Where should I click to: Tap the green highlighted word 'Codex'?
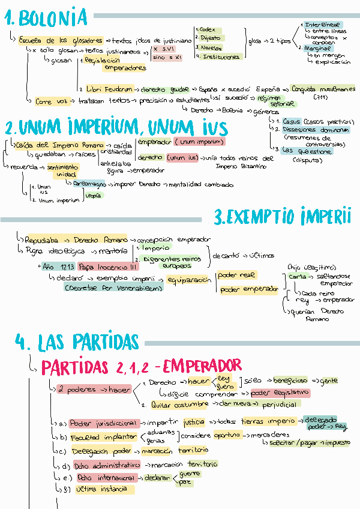tap(208, 29)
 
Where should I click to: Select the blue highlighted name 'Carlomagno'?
tap(90, 184)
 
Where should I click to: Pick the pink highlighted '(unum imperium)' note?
tap(199, 142)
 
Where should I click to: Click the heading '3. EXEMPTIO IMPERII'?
tap(282, 216)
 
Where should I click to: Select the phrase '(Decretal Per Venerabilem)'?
tap(113, 288)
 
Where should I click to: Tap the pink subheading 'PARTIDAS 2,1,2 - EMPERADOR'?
tap(142, 365)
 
